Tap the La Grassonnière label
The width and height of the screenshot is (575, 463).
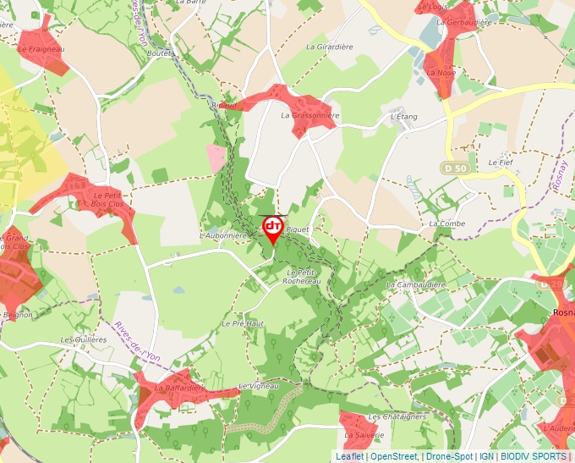310,115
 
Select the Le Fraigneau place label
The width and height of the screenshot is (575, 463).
41,50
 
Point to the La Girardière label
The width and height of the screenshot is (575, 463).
330,47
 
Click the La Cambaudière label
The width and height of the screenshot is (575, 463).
415,285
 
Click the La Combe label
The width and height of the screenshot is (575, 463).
446,223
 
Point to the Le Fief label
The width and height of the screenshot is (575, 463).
501,161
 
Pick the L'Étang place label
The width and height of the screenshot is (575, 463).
405,115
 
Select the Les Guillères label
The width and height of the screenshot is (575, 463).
84,339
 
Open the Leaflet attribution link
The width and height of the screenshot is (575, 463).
349,456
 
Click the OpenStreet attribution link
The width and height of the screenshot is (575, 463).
393,456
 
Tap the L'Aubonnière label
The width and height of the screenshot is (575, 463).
224,234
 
